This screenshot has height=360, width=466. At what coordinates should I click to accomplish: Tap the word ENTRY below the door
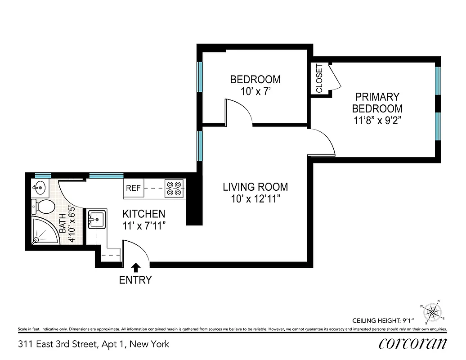[x=135, y=280]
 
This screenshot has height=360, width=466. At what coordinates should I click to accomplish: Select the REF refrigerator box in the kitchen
[x=134, y=189]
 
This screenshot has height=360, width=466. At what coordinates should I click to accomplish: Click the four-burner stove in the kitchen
[x=174, y=189]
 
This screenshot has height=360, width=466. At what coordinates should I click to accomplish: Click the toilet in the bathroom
[x=44, y=207]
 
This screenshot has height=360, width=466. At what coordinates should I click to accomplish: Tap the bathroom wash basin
[x=39, y=186]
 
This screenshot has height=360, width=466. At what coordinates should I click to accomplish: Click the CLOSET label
[x=319, y=79]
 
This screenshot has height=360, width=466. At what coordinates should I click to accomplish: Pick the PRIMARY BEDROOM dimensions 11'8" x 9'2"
[x=377, y=120]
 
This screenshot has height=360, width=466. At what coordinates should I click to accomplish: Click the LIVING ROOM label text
[x=255, y=187]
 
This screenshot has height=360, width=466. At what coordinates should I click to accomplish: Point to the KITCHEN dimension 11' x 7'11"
[x=144, y=225]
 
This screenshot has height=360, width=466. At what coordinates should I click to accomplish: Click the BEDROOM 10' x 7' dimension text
[x=255, y=91]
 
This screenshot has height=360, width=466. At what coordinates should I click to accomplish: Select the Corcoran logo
[x=412, y=343]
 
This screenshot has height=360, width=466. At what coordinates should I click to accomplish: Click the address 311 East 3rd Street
[x=94, y=344]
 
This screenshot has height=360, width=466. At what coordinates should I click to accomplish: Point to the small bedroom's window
[x=199, y=77]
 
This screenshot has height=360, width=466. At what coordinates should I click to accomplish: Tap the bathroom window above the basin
[x=43, y=175]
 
